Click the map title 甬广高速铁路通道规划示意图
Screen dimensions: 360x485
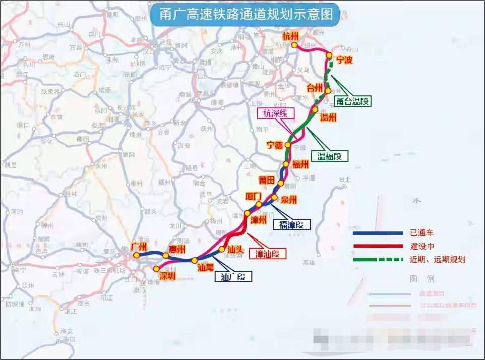tap(247, 15)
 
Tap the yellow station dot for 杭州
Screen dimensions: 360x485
tap(294, 45)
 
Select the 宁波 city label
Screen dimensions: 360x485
tap(344, 61)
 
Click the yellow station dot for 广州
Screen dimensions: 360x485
tap(136, 255)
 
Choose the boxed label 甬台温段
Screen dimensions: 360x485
tap(352, 101)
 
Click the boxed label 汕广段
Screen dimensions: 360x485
tap(233, 276)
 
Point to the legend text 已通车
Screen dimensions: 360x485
tap(422, 233)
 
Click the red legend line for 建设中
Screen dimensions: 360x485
tap(378, 246)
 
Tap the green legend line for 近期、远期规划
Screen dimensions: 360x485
tap(378, 260)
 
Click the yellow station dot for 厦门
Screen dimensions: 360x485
tap(259, 204)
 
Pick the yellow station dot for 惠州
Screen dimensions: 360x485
tap(166, 256)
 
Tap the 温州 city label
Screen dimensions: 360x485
tap(328, 117)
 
